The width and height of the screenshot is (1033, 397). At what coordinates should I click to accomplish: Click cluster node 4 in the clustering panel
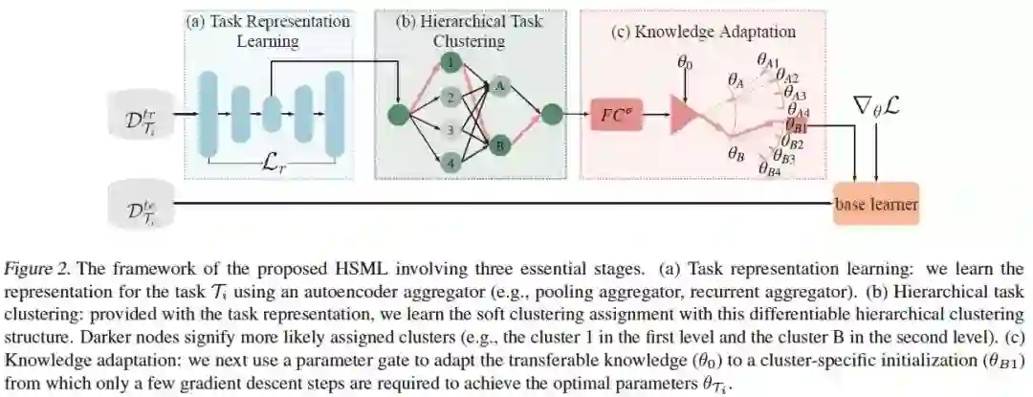coord(450,165)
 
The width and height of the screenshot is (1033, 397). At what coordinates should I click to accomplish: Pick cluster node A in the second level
coord(499,86)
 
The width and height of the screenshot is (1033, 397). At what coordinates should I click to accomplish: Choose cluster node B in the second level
coord(499,144)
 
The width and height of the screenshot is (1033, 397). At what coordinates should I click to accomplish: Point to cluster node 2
coord(450,97)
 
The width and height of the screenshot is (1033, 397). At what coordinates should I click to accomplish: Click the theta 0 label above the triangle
coord(685,63)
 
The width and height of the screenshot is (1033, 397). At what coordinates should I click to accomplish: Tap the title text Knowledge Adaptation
coord(703,32)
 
